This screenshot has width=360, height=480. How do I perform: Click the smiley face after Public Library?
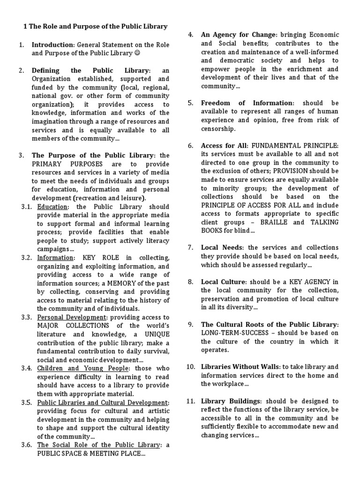136,53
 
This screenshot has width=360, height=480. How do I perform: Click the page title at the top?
95,26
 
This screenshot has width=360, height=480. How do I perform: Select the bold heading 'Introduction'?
53,45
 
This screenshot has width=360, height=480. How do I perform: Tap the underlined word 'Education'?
52,207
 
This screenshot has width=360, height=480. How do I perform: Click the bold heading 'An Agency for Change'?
239,35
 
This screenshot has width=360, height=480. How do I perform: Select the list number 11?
190,401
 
